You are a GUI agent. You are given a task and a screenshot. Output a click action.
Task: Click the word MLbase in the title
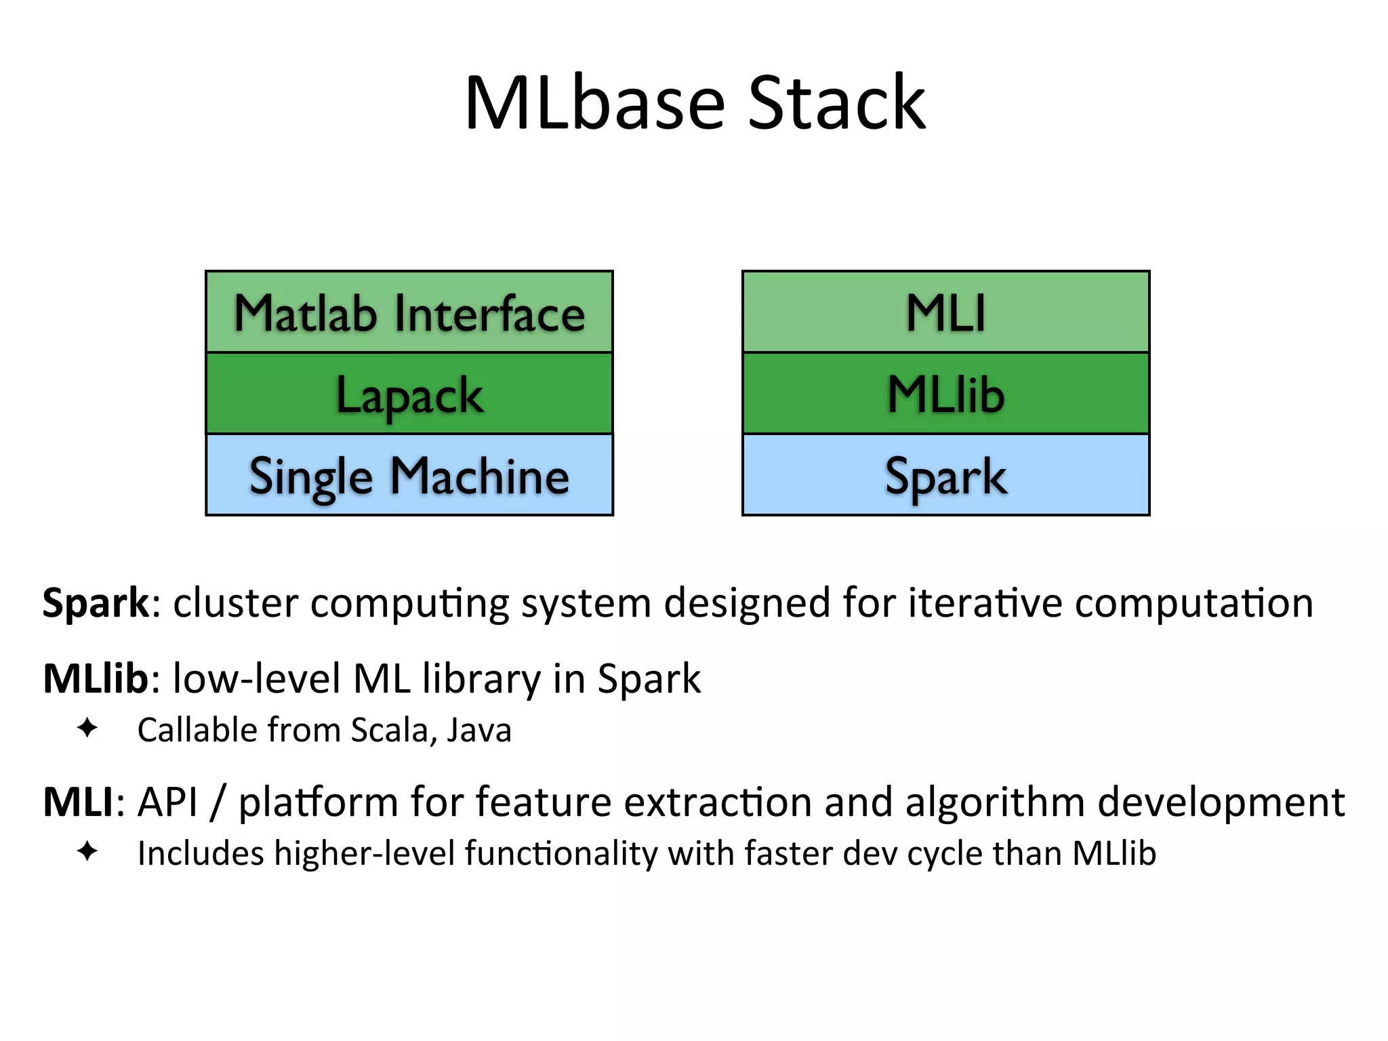coord(595,103)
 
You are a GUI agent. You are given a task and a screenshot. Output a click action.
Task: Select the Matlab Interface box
coord(409,312)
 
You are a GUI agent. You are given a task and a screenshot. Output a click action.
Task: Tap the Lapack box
coord(409,394)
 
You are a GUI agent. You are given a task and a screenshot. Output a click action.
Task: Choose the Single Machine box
coord(409,475)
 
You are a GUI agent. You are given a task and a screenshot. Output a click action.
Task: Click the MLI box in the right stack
coord(946,312)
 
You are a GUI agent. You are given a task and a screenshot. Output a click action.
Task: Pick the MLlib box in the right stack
coord(946,394)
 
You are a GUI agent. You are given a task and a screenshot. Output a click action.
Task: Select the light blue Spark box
coord(946,475)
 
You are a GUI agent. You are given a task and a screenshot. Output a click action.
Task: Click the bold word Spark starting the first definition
coord(96,603)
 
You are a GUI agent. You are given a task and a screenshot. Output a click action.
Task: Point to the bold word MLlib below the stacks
coord(96,678)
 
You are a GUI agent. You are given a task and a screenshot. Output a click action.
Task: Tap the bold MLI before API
coord(79,802)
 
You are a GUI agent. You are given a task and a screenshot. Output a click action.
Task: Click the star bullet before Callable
coord(87,729)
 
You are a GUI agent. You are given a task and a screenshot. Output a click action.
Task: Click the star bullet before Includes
coord(87,851)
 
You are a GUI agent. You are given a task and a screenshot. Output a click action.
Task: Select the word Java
coord(479,731)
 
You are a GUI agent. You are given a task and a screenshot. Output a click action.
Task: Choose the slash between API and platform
coord(218,802)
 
